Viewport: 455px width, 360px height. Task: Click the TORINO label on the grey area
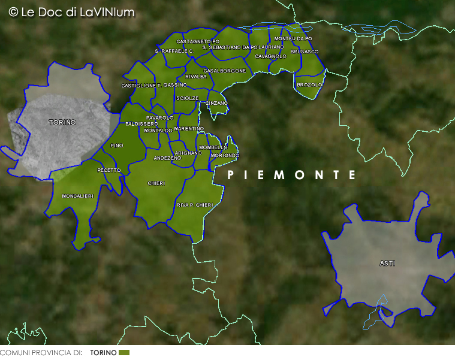click(x=62, y=122)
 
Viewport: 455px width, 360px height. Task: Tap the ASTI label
click(x=387, y=263)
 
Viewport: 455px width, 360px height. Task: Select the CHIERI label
click(x=156, y=183)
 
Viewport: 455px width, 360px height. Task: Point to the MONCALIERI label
click(x=77, y=196)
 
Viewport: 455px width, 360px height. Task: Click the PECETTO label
click(x=109, y=170)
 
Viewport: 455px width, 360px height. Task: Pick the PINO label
click(x=117, y=146)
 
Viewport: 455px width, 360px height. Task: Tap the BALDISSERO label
click(x=141, y=123)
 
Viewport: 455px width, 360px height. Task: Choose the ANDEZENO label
click(x=167, y=158)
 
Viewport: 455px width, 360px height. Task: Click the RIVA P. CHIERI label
click(x=195, y=205)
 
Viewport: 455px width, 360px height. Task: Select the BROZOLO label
click(x=309, y=85)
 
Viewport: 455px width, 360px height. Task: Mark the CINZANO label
click(x=216, y=103)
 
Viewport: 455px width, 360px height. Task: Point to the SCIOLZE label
click(x=187, y=98)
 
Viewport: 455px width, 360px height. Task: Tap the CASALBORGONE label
click(x=224, y=71)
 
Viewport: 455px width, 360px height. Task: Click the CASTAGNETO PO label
click(x=197, y=41)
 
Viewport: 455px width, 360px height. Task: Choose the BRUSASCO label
click(x=304, y=52)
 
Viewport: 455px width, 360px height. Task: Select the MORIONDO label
click(x=225, y=155)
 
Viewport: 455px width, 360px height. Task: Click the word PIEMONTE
click(x=292, y=175)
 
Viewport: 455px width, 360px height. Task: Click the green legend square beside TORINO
click(x=124, y=353)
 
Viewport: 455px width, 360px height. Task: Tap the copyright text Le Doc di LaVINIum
click(x=71, y=12)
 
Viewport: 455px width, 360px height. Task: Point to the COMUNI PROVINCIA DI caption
click(x=41, y=353)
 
